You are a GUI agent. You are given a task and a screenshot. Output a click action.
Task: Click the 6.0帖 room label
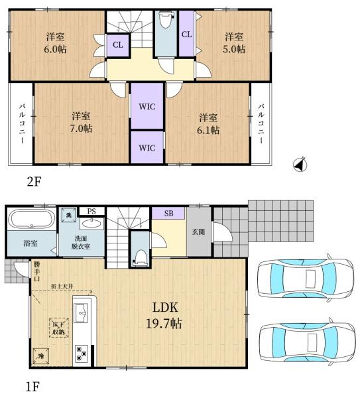(54, 42)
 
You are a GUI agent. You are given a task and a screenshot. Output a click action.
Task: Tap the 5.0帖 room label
(233, 42)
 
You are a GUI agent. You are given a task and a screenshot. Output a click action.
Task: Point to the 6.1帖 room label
(208, 123)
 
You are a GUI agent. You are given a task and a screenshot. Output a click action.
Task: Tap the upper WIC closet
(147, 106)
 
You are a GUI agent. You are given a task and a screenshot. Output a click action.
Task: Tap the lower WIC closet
(147, 147)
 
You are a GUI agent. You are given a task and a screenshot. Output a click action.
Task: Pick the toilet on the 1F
(139, 255)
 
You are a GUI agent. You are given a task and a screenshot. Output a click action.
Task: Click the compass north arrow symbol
(300, 164)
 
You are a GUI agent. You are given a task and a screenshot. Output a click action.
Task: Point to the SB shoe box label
(168, 214)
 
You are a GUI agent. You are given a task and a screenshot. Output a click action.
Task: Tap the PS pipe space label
(91, 212)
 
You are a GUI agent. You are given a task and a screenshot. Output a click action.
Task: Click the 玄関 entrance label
(198, 232)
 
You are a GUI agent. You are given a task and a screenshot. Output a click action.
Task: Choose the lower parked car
(306, 342)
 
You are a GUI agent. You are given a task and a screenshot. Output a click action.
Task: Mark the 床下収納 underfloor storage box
(57, 327)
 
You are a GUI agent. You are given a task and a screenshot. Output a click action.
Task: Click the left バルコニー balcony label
(21, 124)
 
